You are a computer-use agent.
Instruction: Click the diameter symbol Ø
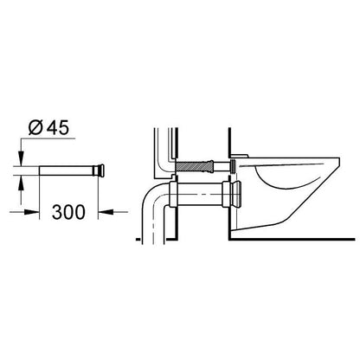(35, 127)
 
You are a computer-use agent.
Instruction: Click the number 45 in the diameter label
(58, 127)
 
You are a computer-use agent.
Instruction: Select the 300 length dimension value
(68, 212)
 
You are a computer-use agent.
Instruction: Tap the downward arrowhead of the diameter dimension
(21, 158)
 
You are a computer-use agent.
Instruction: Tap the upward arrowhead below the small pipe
(21, 183)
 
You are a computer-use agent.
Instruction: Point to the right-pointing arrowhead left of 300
(32, 212)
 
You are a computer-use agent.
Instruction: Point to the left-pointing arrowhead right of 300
(106, 212)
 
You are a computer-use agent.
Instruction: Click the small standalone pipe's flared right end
(101, 170)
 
